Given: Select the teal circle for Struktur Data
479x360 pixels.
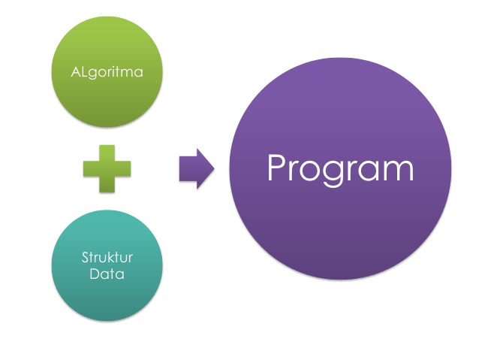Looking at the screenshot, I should (x=106, y=265).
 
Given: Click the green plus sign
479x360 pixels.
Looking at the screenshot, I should (x=106, y=170).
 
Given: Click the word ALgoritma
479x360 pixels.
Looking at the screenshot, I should (x=106, y=73).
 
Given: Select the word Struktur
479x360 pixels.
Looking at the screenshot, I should (x=107, y=258).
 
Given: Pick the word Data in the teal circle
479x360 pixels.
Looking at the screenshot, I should (x=107, y=274).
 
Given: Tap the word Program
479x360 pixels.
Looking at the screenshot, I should (x=340, y=170).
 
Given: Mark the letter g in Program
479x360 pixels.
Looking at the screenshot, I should (x=330, y=174).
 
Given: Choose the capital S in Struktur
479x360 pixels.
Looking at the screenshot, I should (x=85, y=258).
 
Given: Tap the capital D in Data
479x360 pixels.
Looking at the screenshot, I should (x=94, y=274).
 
